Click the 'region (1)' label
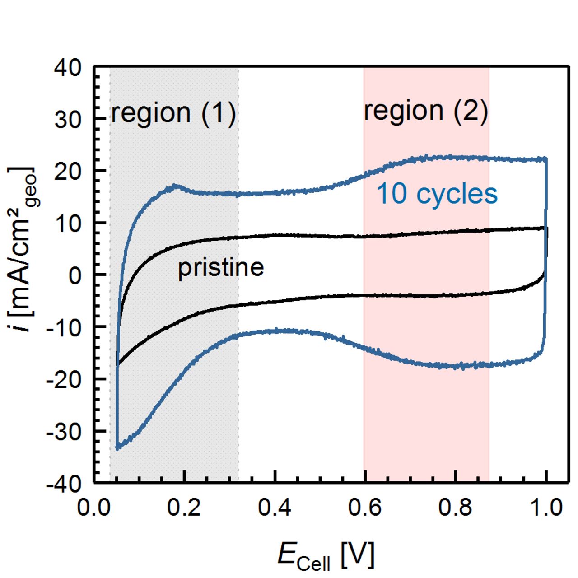click(173, 112)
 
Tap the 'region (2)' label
click(426, 111)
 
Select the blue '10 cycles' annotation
click(437, 194)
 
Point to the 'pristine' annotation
click(221, 268)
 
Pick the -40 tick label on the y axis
click(64, 484)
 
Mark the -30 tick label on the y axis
click(64, 432)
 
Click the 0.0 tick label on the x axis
click(94, 508)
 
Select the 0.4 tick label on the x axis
click(275, 508)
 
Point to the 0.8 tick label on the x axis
click(455, 508)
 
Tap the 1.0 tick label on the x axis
click(546, 508)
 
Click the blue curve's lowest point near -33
click(117, 448)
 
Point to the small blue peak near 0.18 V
click(175, 185)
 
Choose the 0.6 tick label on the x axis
click(365, 508)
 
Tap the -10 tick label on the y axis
click(64, 327)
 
